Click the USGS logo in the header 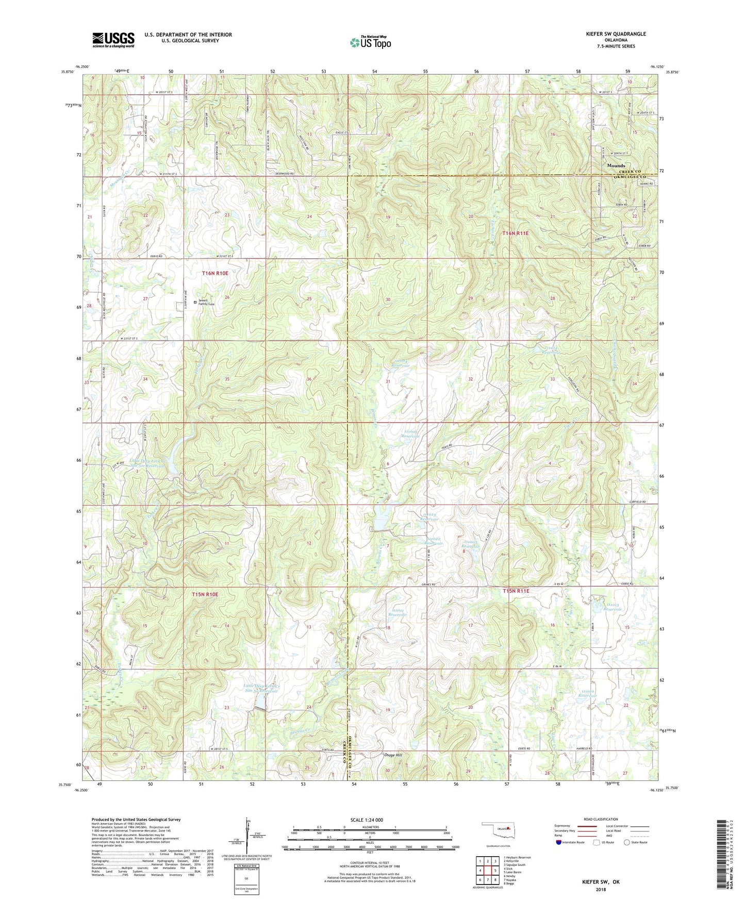(x=113, y=40)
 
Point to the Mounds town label (x=616, y=166)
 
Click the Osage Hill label (x=393, y=755)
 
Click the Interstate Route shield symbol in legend (x=559, y=842)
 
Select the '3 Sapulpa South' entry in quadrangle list (x=515, y=864)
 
